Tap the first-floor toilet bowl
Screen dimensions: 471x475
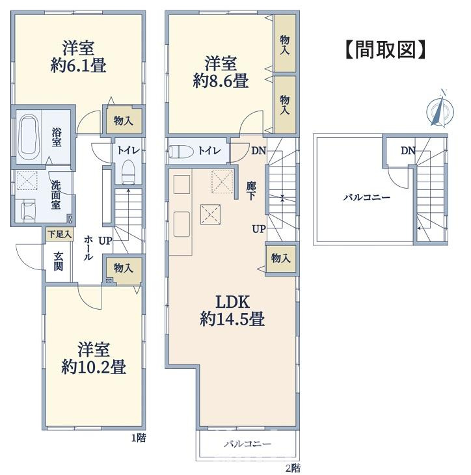[128, 172]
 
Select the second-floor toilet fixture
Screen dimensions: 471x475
[182, 151]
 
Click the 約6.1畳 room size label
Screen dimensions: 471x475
[78, 65]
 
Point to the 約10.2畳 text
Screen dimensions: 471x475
[94, 367]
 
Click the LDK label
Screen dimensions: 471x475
[232, 302]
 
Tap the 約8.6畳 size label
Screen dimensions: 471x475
[221, 80]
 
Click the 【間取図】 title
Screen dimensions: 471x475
[385, 49]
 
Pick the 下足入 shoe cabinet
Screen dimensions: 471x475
[60, 234]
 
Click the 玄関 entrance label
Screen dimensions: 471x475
[59, 261]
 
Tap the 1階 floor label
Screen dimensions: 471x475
[139, 438]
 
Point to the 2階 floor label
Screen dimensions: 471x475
[292, 468]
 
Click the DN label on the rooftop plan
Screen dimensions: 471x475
[408, 150]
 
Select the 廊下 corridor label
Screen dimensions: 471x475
[251, 191]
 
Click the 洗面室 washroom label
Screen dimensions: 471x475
[56, 195]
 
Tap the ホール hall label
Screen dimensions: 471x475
[88, 247]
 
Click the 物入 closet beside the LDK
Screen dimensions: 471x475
[281, 258]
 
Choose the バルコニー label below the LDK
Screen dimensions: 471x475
[247, 444]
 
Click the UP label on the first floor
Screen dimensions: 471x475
[105, 241]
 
